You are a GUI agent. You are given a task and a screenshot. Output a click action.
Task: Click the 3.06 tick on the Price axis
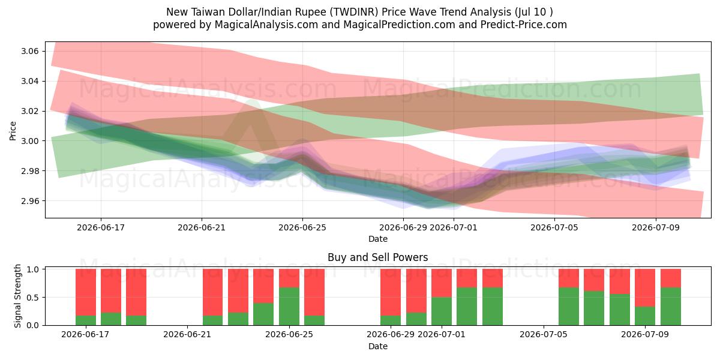pos(30,51)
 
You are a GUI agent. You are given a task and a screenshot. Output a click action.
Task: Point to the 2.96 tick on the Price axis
pos(30,201)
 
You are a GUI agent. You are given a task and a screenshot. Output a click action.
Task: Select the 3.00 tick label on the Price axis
pos(30,141)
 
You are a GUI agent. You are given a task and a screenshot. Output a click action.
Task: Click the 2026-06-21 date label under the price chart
pos(202,227)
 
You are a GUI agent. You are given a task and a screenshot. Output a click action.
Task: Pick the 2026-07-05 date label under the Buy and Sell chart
pos(544,334)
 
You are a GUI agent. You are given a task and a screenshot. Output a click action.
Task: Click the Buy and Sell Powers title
pos(377,257)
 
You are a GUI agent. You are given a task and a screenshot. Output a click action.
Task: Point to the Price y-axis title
pos(13,131)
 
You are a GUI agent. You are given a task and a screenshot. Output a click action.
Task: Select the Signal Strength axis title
pos(17,296)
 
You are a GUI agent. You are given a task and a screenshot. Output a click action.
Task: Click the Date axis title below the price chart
pos(377,239)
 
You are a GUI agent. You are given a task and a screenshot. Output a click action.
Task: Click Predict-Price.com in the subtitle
pos(524,25)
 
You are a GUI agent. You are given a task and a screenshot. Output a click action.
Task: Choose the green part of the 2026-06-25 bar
pos(289,307)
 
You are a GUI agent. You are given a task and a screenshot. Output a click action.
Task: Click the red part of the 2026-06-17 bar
pos(86,292)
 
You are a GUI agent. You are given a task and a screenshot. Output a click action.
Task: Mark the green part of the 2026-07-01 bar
pos(442,311)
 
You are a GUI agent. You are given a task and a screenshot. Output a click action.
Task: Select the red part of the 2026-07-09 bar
pos(645,287)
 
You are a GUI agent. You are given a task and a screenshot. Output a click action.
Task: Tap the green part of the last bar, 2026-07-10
pos(671,307)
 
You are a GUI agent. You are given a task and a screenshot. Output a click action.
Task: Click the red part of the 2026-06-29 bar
pos(391,292)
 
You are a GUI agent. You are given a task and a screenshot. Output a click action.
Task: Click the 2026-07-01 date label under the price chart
pos(454,227)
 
